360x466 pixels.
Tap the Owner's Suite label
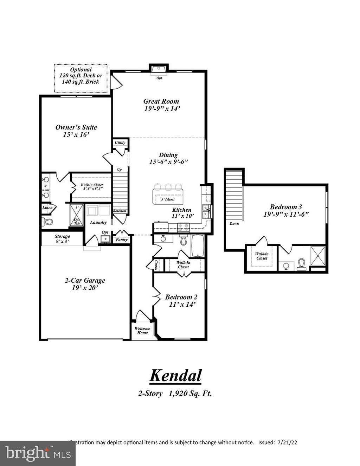76,131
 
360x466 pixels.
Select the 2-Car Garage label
85,284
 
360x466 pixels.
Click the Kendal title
175,375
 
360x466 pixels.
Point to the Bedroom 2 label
181,300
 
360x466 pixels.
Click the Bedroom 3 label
286,210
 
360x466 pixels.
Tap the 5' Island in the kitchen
168,196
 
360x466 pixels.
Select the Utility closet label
120,142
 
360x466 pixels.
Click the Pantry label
122,240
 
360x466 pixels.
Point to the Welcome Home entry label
142,331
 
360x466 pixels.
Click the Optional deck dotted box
81,78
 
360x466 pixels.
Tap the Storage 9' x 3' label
62,239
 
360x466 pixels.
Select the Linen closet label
47,208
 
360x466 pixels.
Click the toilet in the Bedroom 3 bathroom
302,264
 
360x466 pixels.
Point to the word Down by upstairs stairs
234,224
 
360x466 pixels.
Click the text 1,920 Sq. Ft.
190,394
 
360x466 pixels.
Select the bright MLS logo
38,453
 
